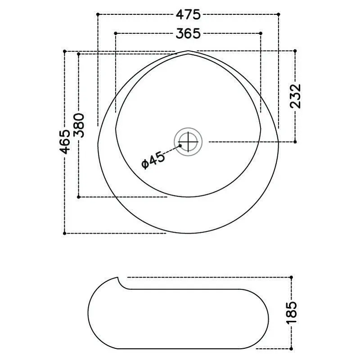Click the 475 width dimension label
point(188,15)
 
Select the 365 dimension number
point(188,34)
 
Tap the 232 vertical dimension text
point(295,96)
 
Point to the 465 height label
point(65,142)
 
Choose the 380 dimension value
point(79,126)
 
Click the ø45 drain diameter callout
point(153,160)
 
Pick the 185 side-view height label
point(292,313)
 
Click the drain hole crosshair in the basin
point(188,142)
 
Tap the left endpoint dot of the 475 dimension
point(98,14)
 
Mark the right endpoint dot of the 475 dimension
point(279,14)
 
